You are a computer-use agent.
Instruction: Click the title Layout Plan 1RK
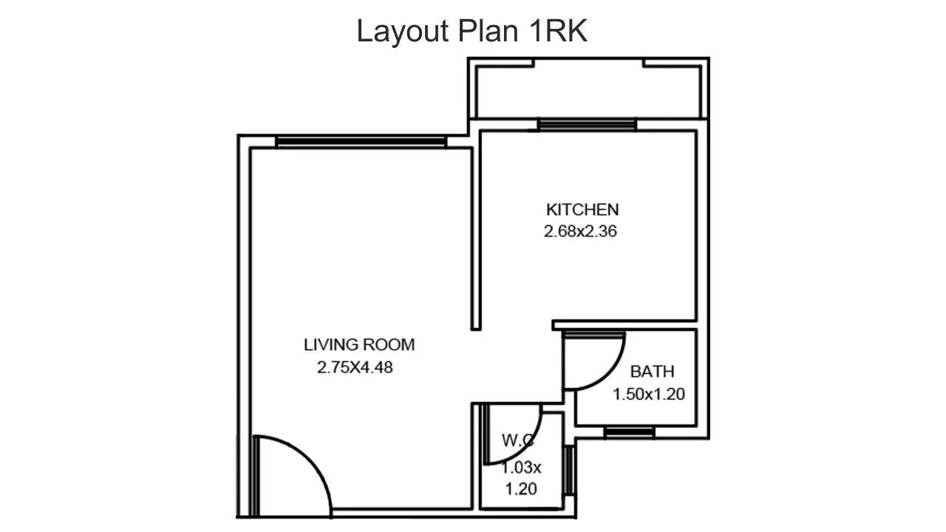coord(472,32)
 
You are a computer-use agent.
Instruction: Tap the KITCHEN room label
coord(582,209)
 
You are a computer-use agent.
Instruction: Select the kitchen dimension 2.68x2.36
coord(580,231)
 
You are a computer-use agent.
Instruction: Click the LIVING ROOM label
coord(359,344)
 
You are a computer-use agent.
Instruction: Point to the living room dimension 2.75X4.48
coord(355,366)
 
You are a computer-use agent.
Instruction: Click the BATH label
coord(652,372)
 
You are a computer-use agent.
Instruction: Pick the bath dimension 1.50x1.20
coord(649,395)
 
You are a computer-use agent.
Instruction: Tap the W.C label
coord(518,440)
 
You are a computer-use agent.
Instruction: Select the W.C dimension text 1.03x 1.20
coord(522,477)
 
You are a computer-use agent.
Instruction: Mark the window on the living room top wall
coord(361,141)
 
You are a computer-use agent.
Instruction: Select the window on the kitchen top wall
coord(587,124)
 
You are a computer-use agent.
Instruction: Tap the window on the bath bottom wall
coord(628,432)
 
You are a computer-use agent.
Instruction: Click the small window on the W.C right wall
coord(569,469)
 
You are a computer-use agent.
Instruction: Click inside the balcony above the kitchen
coord(588,92)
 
